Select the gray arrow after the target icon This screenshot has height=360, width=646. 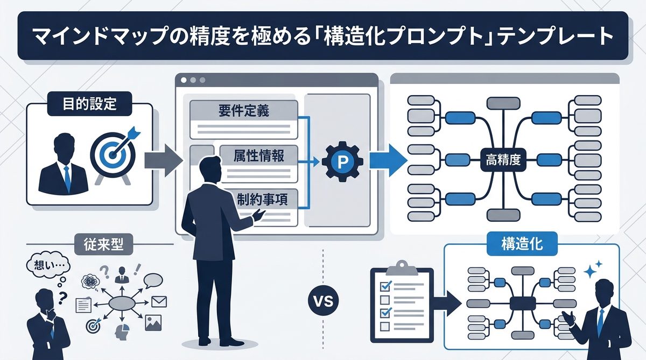point(164,159)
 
